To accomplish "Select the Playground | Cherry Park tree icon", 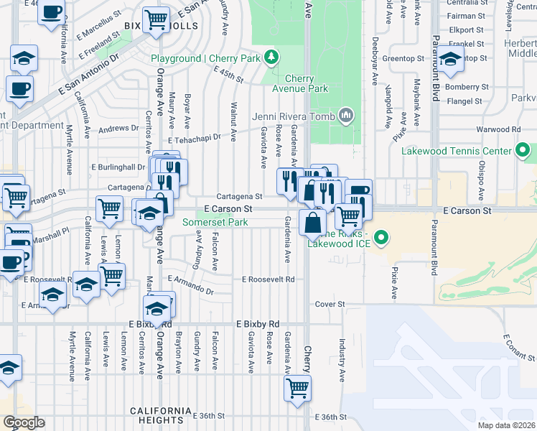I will (271, 57).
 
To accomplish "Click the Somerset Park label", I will (215, 222).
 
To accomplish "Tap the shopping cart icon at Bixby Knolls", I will (156, 20).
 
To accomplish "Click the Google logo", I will (23, 422).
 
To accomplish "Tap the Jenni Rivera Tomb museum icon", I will (346, 115).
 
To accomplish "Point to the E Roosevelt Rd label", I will (268, 279).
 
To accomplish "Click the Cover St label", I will (330, 305).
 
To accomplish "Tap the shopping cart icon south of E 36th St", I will (296, 388).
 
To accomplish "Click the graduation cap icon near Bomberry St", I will (449, 60).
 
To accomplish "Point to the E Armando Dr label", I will (190, 284).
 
